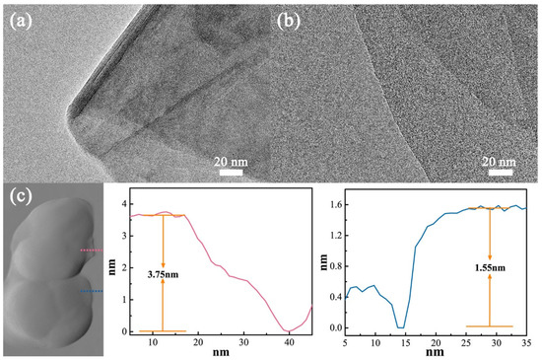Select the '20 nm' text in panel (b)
(x=499, y=159)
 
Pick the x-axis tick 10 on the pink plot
(x=154, y=341)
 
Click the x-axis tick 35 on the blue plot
(x=526, y=341)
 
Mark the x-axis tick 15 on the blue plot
(x=405, y=341)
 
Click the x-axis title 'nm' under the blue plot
(x=437, y=353)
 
